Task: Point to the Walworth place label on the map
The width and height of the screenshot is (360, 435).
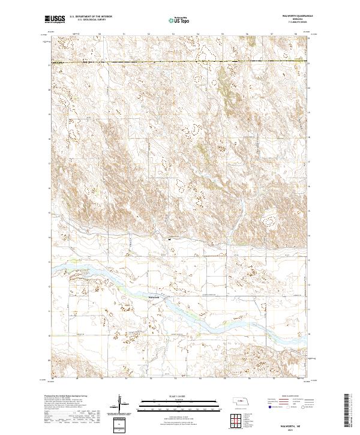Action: click(154, 297)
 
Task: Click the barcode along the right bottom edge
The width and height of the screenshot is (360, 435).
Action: click(347, 414)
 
